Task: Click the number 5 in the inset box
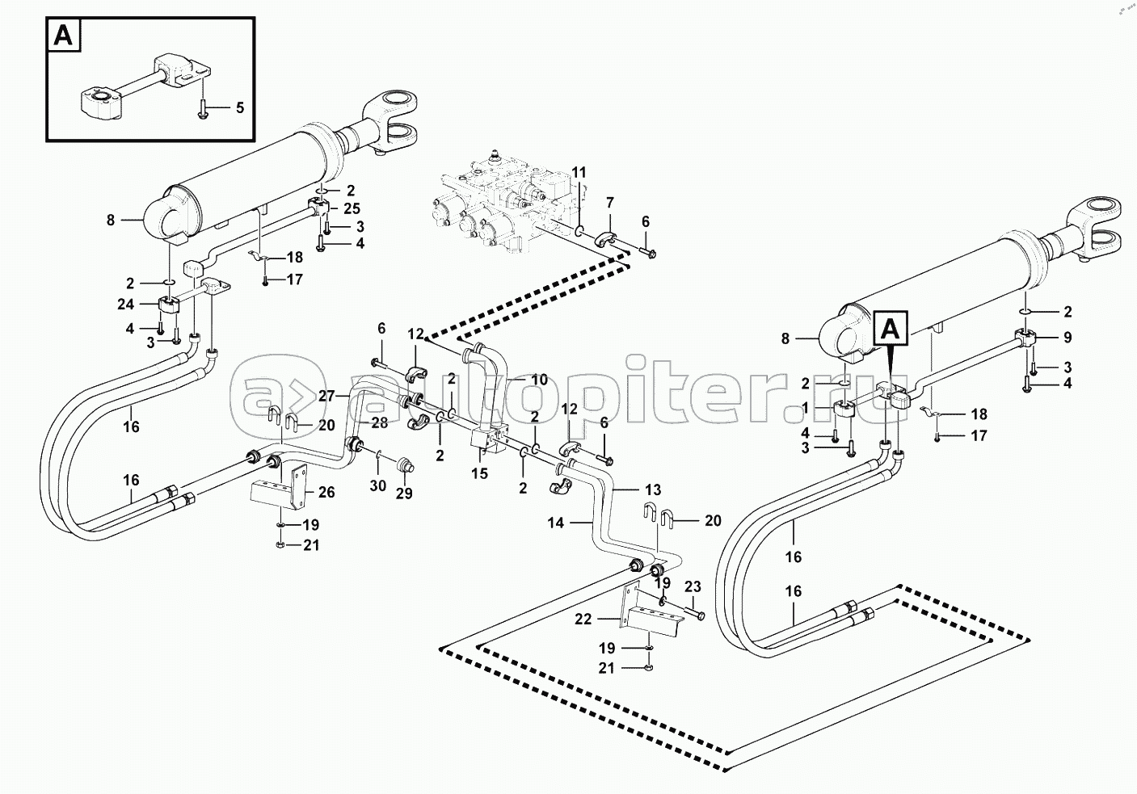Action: pos(239,107)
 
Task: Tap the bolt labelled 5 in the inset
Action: pos(202,110)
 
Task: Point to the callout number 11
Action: pos(579,172)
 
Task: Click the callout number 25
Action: pos(352,208)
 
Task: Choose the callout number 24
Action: pos(125,304)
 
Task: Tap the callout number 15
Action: pos(479,473)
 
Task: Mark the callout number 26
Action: pos(326,492)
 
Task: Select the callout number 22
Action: pos(583,619)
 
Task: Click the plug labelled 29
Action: pos(405,464)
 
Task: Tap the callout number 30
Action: pos(377,485)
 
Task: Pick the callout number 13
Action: pos(653,489)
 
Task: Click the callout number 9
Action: pos(1068,337)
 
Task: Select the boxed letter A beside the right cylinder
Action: pos(891,330)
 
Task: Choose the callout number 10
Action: pos(539,380)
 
